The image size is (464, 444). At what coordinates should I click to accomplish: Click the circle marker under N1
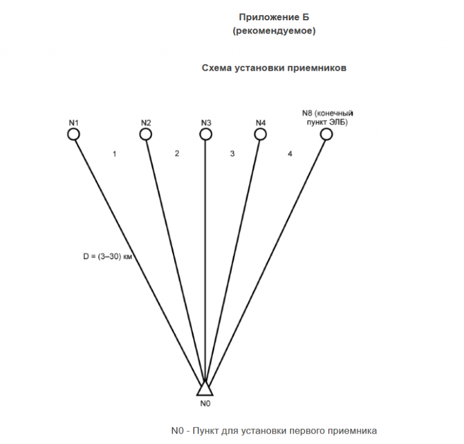tap(74, 129)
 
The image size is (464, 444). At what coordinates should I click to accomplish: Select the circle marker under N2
tap(146, 129)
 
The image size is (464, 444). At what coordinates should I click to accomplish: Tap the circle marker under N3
tap(206, 129)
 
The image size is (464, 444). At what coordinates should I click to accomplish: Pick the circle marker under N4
tap(260, 129)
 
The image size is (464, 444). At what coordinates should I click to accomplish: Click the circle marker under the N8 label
tap(327, 129)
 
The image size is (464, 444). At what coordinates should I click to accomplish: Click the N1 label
tap(74, 123)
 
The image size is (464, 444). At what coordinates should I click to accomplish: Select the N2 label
tap(146, 123)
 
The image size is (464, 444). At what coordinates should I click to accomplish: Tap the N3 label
tap(206, 123)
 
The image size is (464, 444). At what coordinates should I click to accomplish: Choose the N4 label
tap(260, 123)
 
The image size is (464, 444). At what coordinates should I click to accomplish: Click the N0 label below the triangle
tap(205, 403)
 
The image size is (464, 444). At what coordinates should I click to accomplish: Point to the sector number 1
tap(114, 154)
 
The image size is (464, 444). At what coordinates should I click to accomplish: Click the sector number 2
tap(177, 153)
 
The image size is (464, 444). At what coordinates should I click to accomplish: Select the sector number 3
tap(233, 154)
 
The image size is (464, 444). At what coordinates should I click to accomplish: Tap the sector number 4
tap(290, 154)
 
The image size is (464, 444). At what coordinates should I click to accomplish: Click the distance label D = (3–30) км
tap(108, 256)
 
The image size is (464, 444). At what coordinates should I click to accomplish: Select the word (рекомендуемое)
tap(274, 31)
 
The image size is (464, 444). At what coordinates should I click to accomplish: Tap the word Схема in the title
tap(217, 68)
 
